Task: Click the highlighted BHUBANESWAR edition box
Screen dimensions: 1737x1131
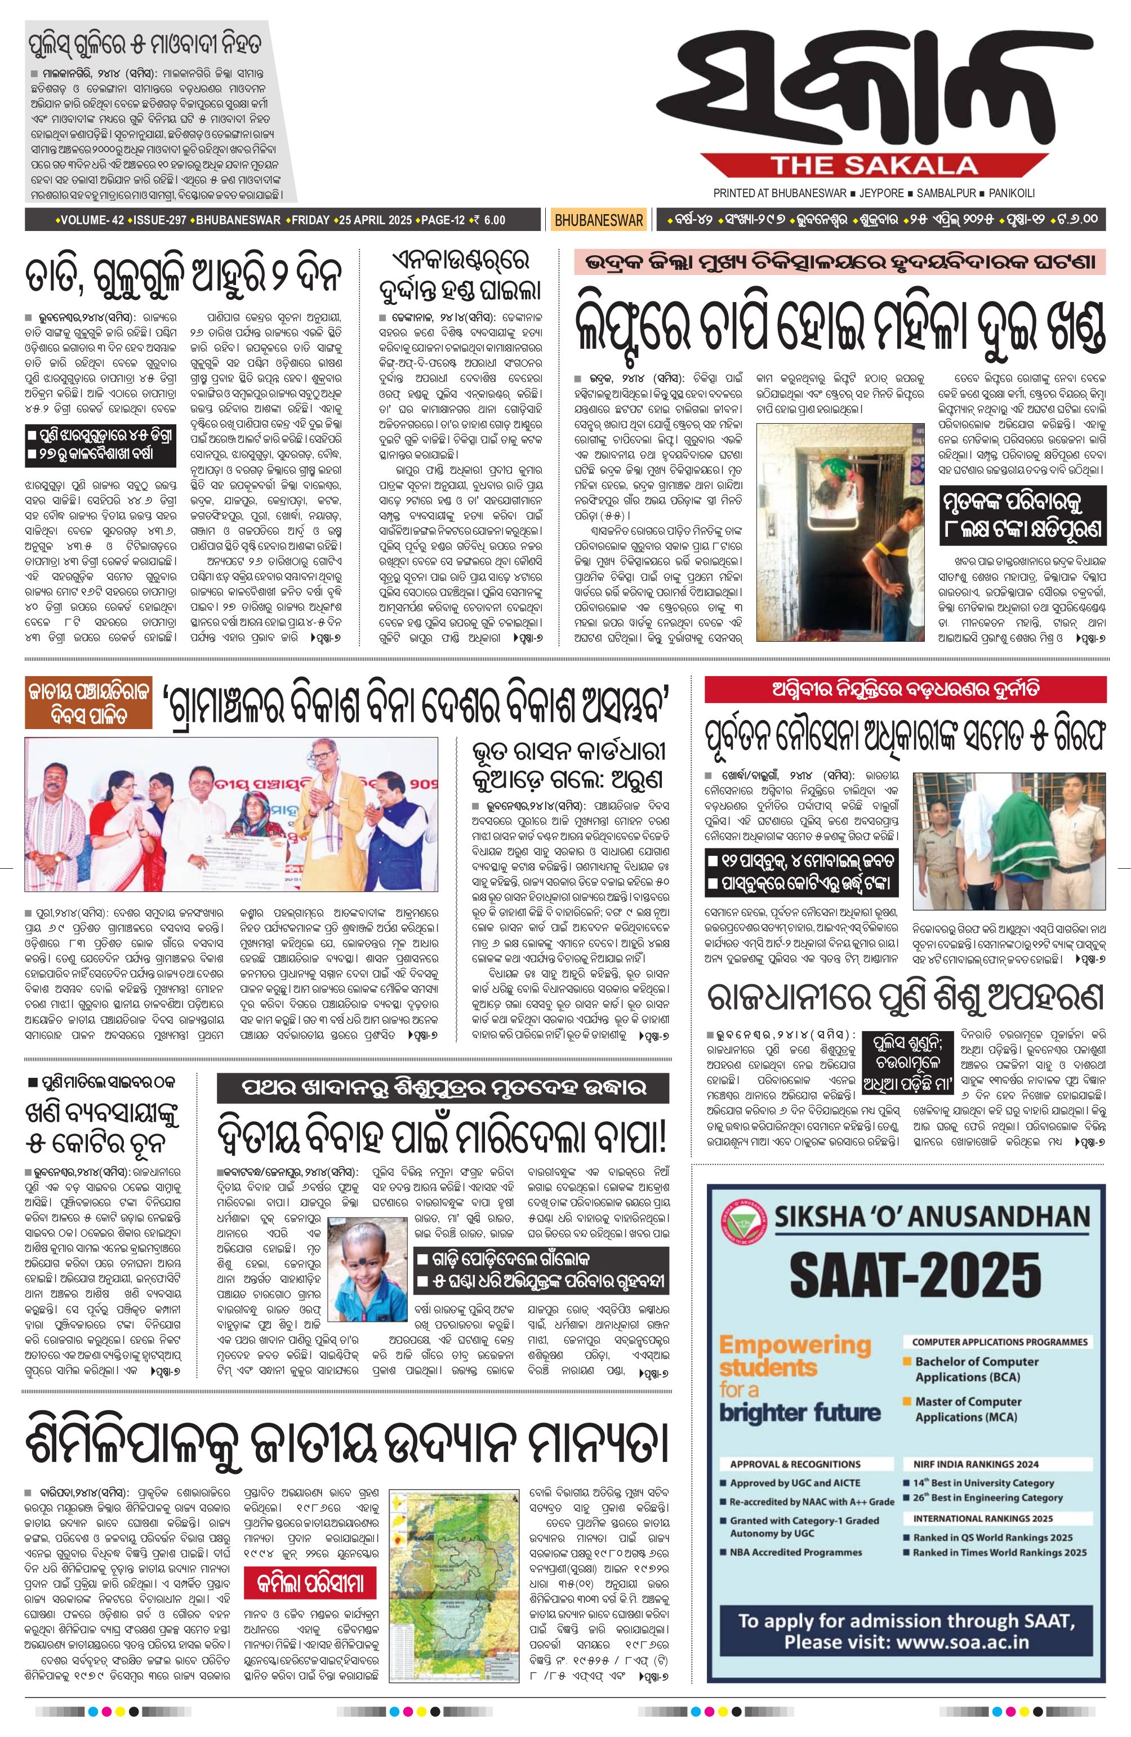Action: tap(598, 220)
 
